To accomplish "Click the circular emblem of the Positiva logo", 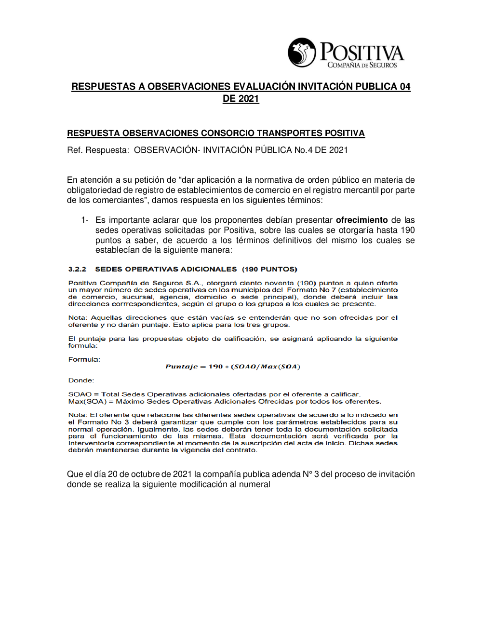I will click(302, 53).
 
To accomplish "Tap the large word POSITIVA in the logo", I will click(362, 52).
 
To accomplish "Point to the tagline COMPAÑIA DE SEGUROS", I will click(362, 65).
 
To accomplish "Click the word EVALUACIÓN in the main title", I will click(264, 87).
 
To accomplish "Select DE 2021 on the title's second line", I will click(241, 99).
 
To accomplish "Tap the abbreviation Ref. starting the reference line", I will click(75, 150).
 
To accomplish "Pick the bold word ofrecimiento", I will click(361, 220).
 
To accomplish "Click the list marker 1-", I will click(85, 220).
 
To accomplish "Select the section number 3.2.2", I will click(77, 269).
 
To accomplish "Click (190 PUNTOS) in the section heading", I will click(269, 269).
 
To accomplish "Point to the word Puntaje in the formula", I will click(181, 366).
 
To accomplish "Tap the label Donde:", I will click(81, 380).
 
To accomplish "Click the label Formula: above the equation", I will click(84, 359).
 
